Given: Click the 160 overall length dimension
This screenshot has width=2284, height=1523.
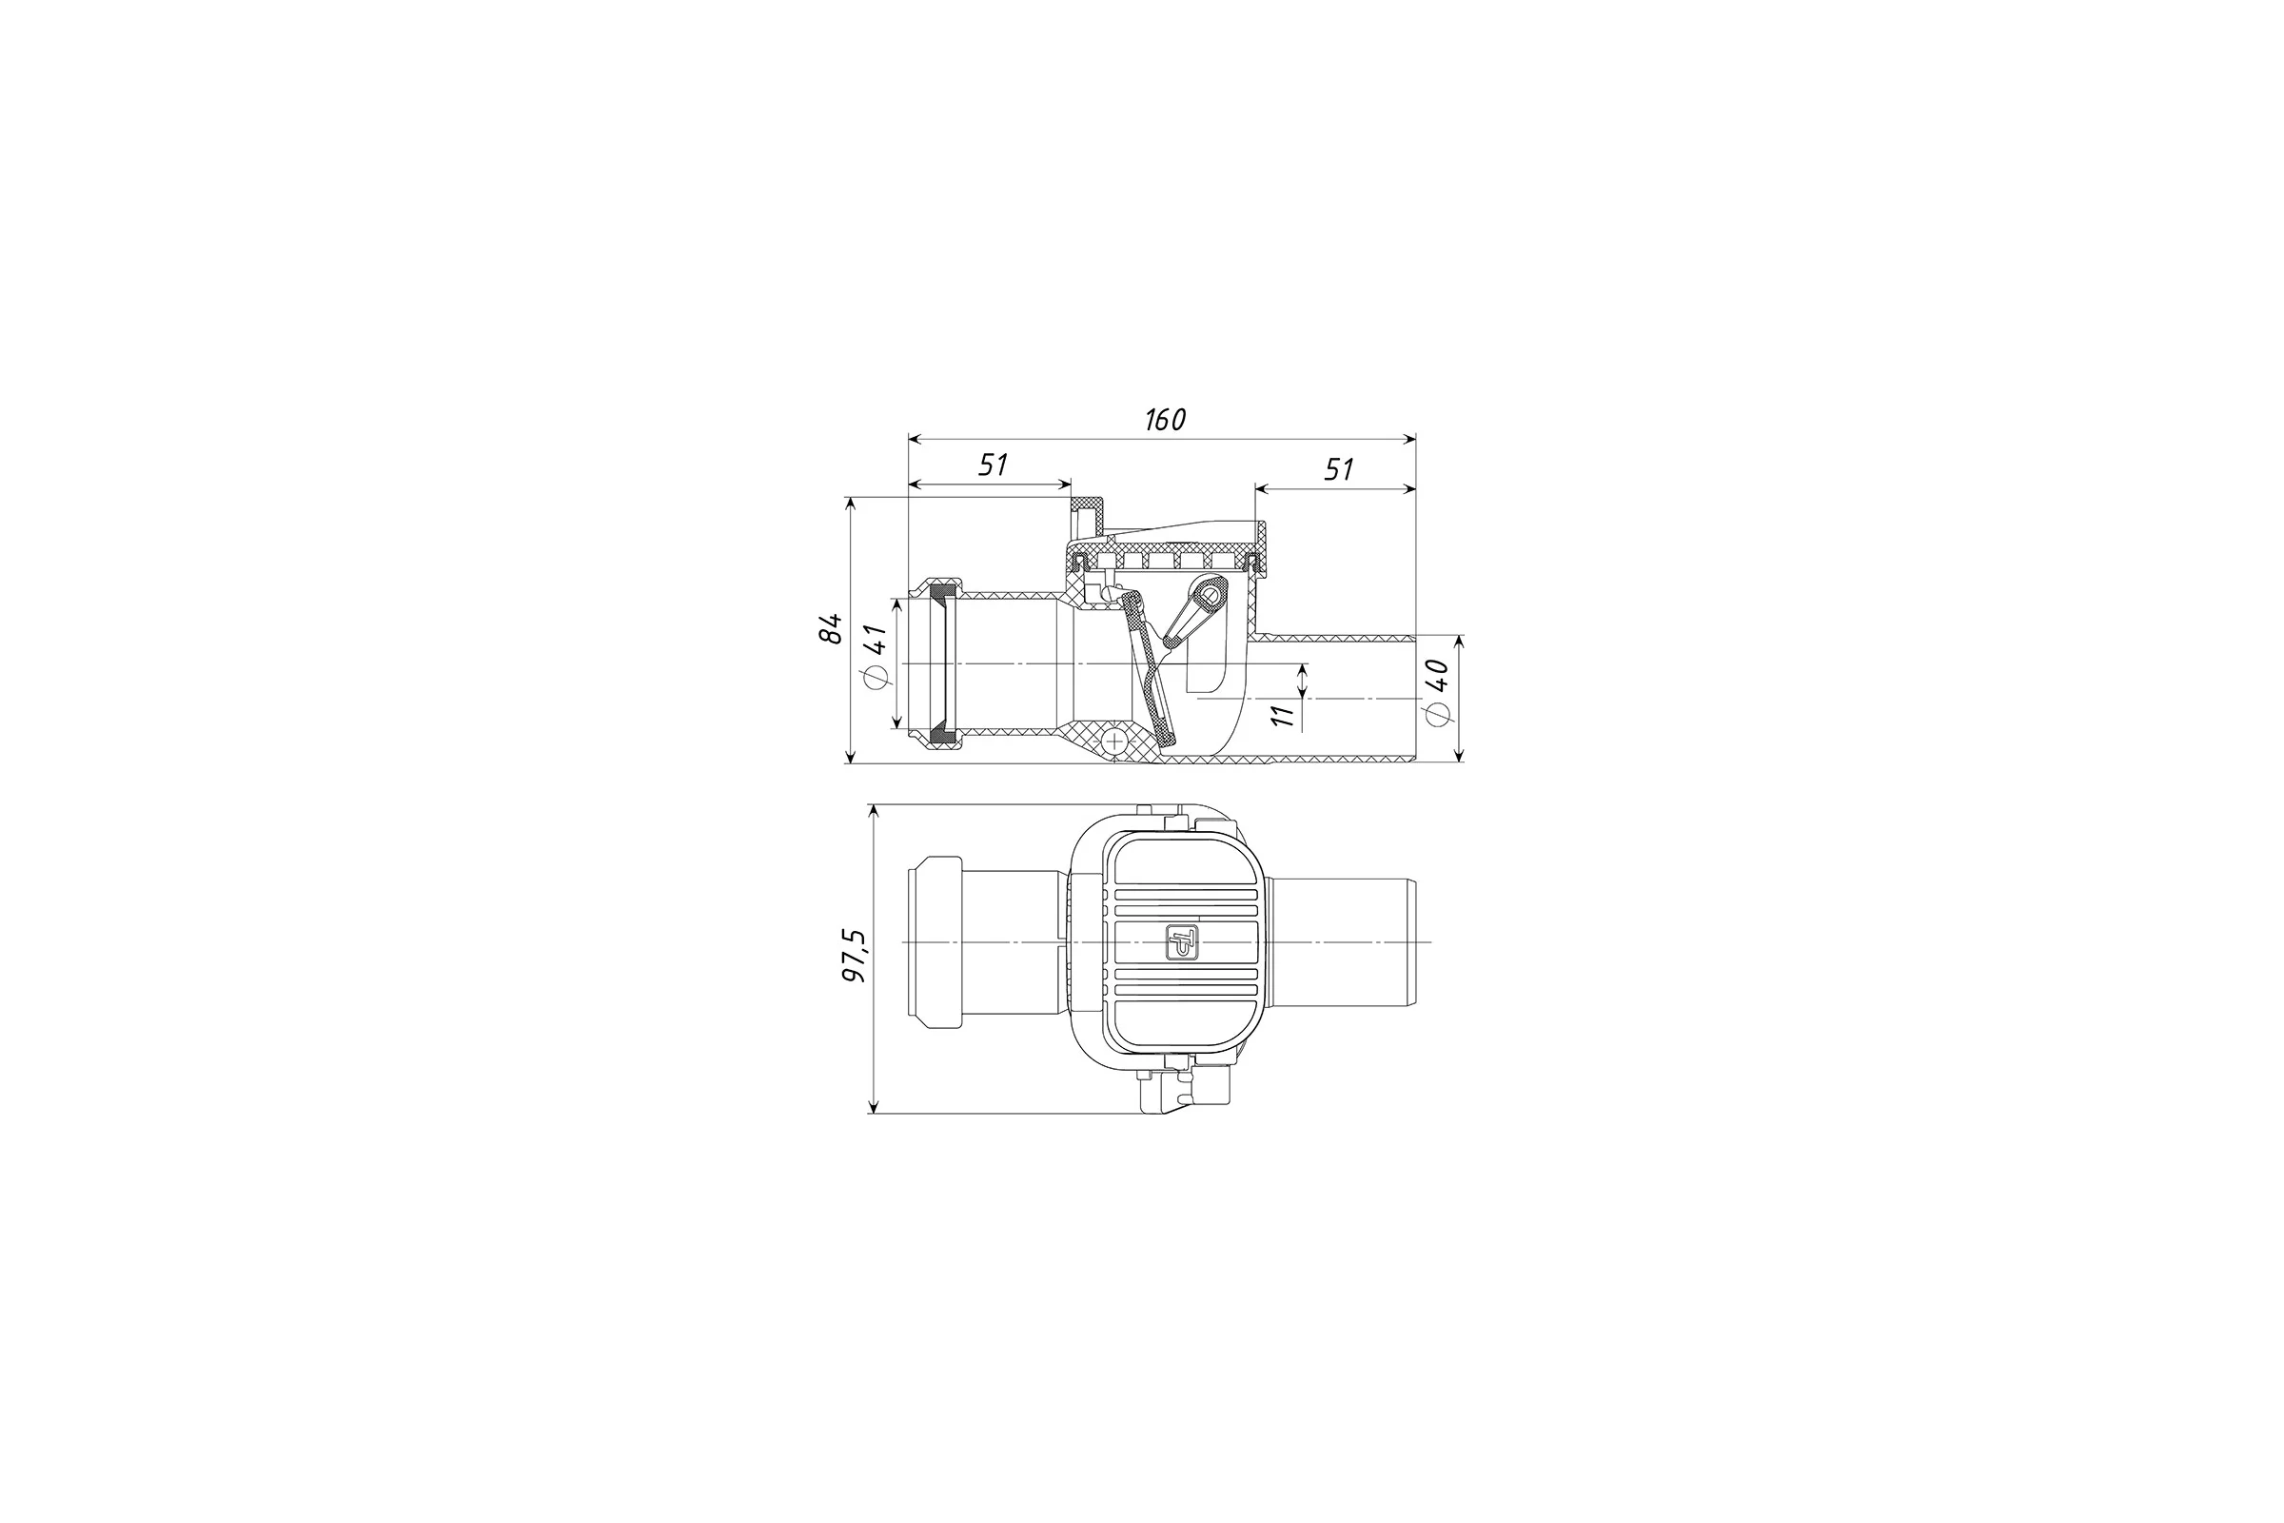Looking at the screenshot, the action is point(1165,420).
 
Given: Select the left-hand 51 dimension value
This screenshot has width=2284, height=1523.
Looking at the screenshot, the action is point(993,465).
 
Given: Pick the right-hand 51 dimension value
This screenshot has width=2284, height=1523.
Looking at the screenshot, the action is point(1339,469).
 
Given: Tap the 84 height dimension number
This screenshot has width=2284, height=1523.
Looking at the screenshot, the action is point(830,627).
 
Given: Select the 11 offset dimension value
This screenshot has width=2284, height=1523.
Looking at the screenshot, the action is point(1283,715).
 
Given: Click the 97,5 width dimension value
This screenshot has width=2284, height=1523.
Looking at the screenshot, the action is point(856,956).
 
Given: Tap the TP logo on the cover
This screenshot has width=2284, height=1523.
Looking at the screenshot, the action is point(1183,942).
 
